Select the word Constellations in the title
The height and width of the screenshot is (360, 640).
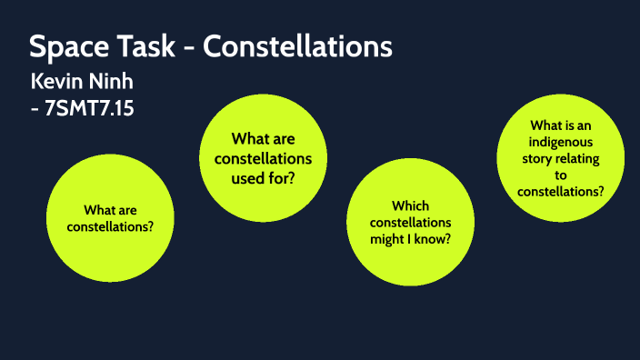pos(297,46)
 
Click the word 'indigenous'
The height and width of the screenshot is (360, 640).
pos(561,142)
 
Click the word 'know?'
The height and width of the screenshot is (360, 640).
pos(435,239)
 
